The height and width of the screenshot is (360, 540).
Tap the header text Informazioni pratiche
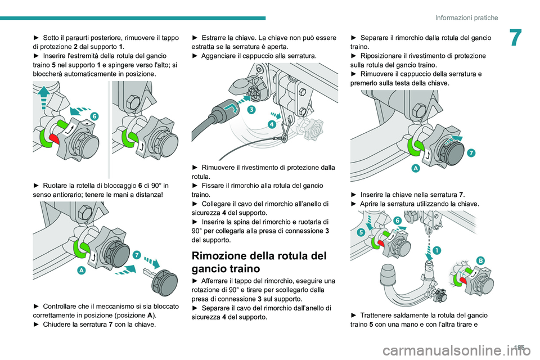[x=466, y=17]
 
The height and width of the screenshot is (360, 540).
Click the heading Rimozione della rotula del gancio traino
[x=259, y=262]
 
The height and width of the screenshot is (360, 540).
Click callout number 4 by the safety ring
[x=272, y=124]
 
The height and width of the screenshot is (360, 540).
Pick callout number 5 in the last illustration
[x=360, y=231]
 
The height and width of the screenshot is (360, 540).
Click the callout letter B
[x=481, y=259]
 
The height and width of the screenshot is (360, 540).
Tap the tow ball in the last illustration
[x=388, y=276]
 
